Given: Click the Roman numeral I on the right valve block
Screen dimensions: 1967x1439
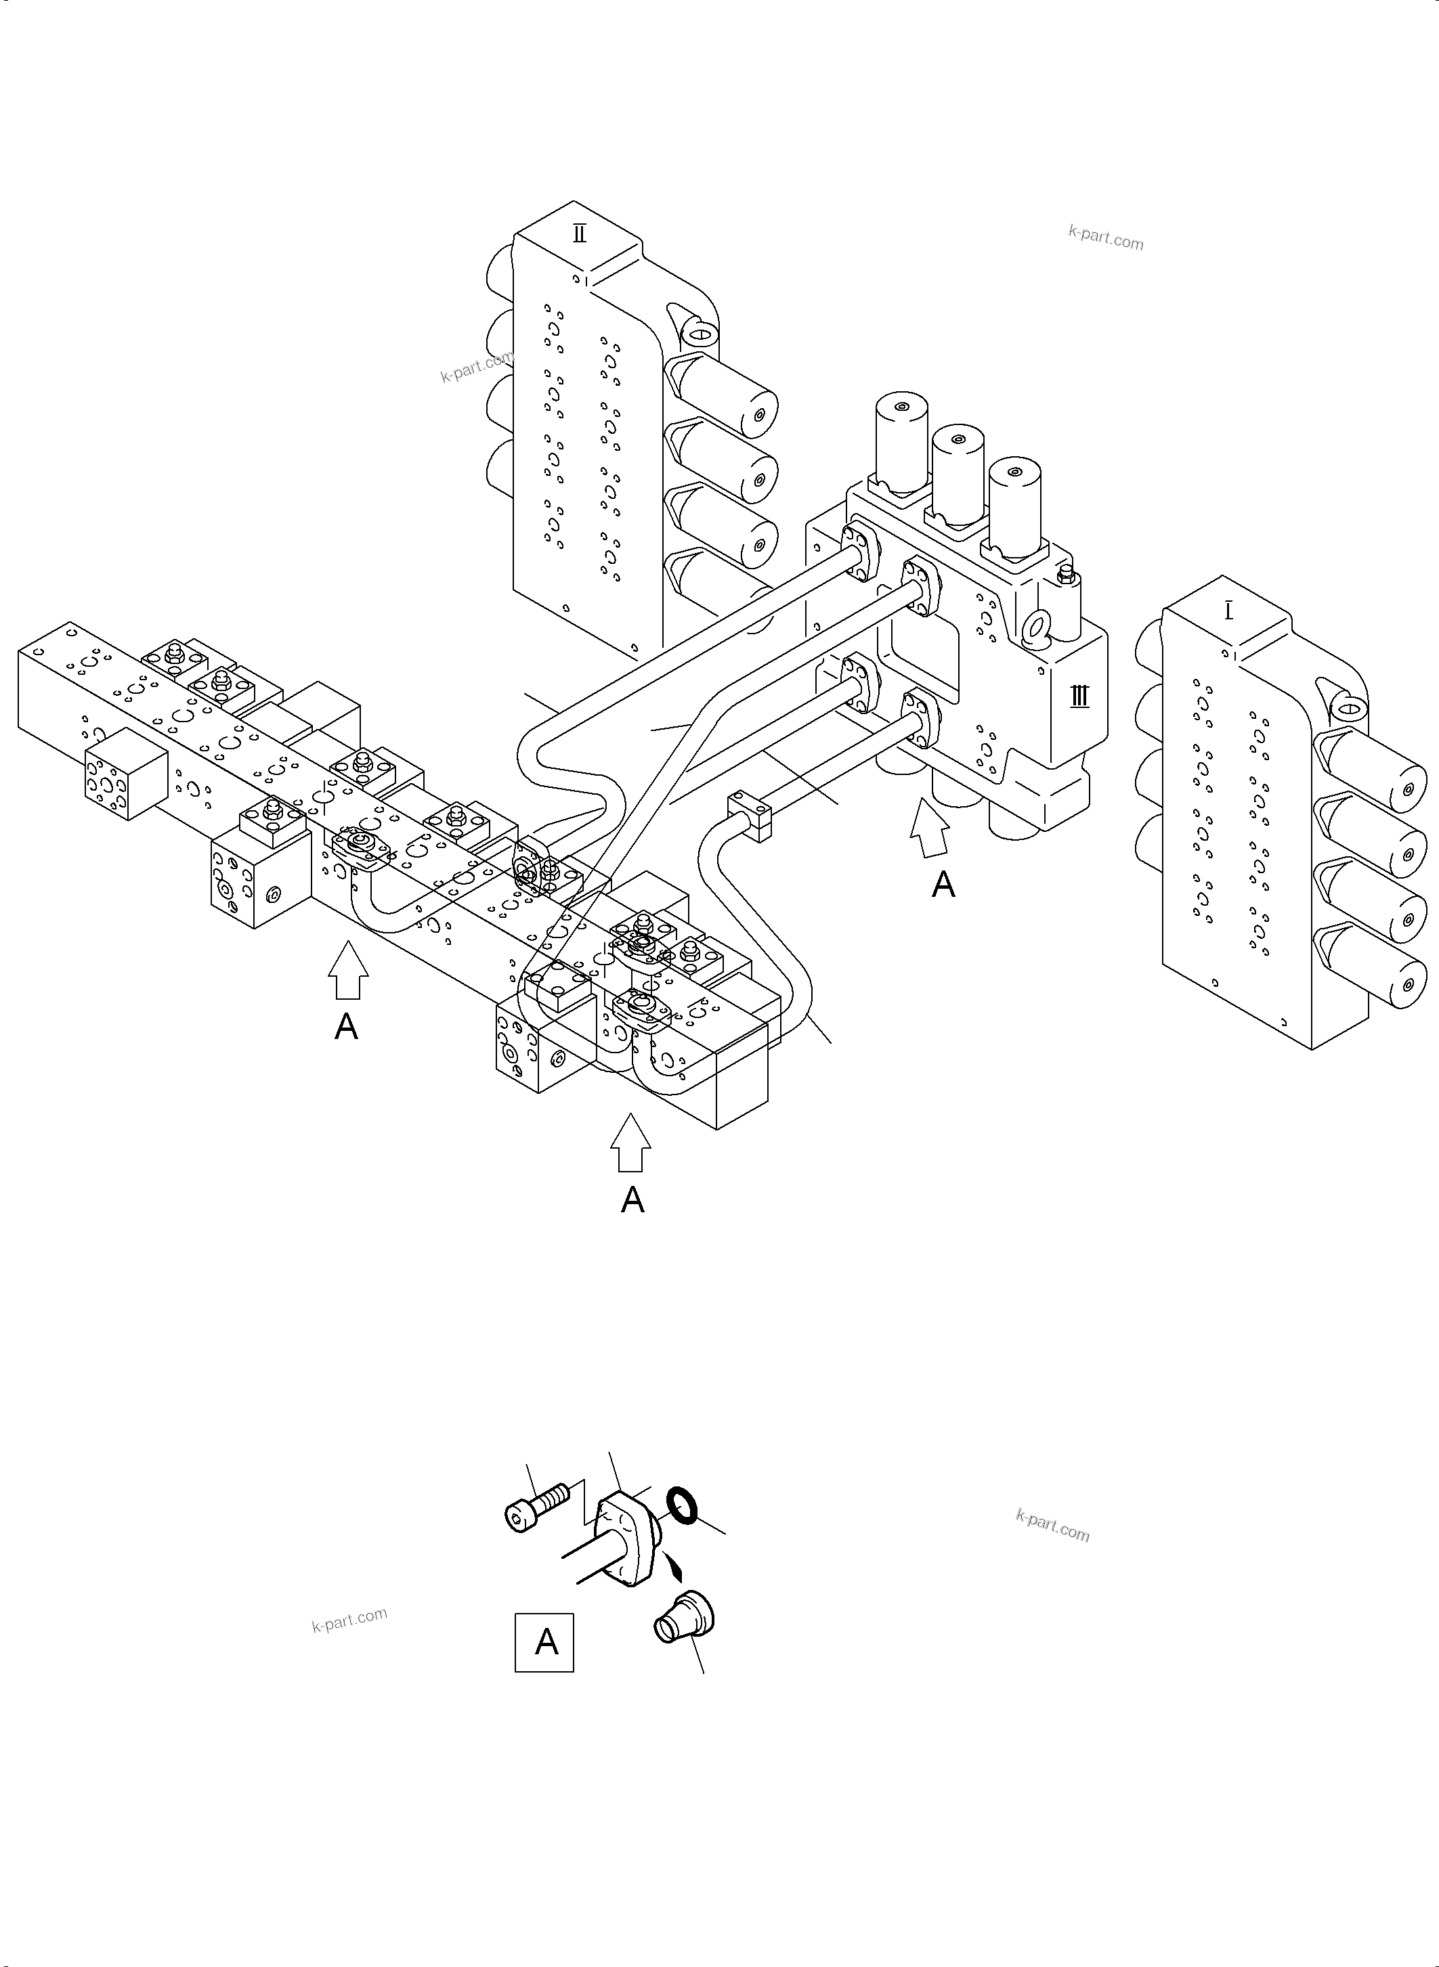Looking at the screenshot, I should (x=1228, y=611).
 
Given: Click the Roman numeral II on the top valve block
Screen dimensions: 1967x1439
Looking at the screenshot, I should (x=579, y=234).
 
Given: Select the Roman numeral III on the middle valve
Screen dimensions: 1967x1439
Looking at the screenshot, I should (x=1079, y=696).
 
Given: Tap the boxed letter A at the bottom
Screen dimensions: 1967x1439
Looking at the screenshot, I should (x=544, y=1642).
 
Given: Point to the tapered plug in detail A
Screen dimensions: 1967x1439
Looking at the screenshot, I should (x=684, y=1617).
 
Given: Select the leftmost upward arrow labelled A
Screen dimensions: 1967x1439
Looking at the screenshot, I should (x=347, y=971).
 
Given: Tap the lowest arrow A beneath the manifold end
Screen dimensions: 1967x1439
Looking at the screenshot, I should (x=630, y=1144).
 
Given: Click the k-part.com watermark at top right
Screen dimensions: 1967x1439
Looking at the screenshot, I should (x=1105, y=237).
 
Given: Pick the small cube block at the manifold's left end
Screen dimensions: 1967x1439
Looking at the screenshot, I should (x=125, y=773).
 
